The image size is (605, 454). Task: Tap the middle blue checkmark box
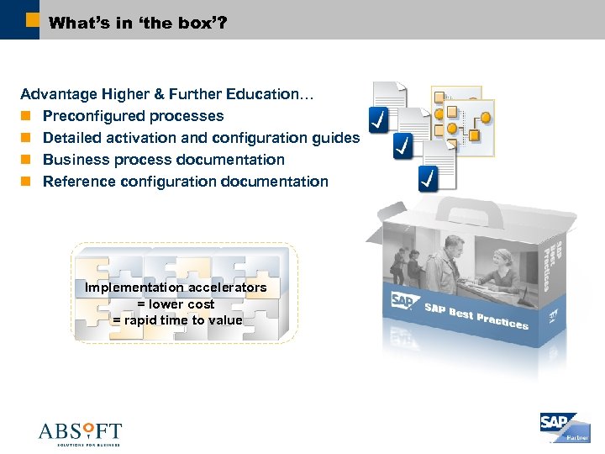click(x=404, y=146)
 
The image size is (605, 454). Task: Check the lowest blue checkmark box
click(x=429, y=178)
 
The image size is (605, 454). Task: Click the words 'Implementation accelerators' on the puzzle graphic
click(x=176, y=288)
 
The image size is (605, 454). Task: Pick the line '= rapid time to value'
click(x=177, y=320)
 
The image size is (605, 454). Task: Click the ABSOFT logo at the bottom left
click(x=80, y=433)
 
